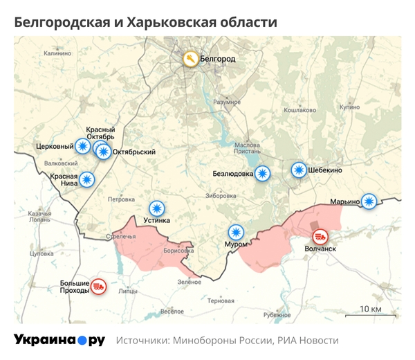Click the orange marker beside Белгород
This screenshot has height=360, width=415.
[190, 59]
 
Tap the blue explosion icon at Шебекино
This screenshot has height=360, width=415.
[298, 170]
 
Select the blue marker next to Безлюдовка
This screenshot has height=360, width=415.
[263, 174]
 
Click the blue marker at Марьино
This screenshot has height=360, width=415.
[370, 201]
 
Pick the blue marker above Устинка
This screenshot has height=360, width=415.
[158, 208]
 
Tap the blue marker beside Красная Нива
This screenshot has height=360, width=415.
[86, 180]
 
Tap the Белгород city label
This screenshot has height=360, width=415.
[217, 59]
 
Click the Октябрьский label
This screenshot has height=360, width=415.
[133, 152]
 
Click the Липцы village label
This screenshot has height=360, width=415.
[128, 291]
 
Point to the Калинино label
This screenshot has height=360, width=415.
[57, 53]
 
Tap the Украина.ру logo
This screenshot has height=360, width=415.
[59, 340]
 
